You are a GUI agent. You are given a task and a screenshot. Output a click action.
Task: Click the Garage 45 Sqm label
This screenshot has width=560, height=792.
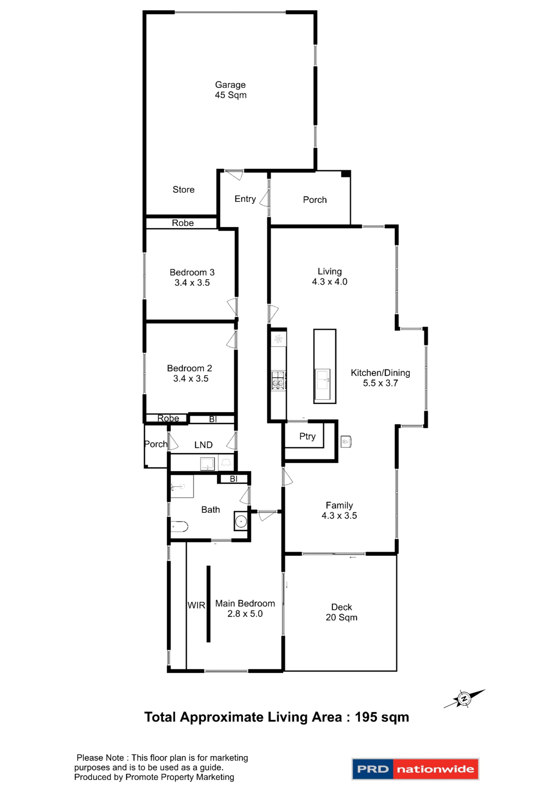coord(230,90)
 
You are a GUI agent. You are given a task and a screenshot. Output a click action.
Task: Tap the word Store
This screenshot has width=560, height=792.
coord(183,190)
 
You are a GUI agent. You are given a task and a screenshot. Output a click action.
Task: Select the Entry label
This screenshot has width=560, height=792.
coord(245,199)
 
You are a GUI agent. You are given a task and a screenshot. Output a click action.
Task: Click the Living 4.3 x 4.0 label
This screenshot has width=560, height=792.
coord(329,277)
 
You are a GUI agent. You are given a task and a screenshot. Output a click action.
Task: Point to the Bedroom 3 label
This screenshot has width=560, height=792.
coord(192,273)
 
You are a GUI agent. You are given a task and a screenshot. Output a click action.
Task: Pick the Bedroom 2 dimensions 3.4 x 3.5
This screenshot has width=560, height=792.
coord(191,379)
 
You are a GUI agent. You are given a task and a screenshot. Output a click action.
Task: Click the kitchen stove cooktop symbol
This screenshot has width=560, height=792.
coord(278,380)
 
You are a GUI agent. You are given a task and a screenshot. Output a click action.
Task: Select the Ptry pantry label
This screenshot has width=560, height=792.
coord(307,436)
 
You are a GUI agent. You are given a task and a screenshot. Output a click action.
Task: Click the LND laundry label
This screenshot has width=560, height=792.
coord(203,445)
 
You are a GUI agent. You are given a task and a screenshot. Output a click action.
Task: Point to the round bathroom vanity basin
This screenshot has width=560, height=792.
coord(241,522)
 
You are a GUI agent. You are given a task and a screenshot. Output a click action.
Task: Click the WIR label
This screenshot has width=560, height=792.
coord(196,606)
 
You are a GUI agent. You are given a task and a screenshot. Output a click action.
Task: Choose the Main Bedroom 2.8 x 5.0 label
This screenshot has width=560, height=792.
coord(245,608)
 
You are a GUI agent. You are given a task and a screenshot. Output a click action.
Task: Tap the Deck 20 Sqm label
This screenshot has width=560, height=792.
coord(341,612)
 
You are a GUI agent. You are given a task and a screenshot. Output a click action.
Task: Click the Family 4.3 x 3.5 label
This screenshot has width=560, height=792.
coord(339,511)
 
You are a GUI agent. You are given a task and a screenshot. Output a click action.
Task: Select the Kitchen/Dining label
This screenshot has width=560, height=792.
coord(380,373)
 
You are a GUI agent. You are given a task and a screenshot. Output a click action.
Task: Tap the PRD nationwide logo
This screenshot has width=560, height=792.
coord(415,769)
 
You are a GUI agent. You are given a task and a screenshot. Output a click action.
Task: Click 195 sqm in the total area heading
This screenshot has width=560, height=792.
coord(382,717)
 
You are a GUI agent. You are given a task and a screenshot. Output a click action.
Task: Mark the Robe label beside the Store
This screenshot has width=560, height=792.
coord(182,223)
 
